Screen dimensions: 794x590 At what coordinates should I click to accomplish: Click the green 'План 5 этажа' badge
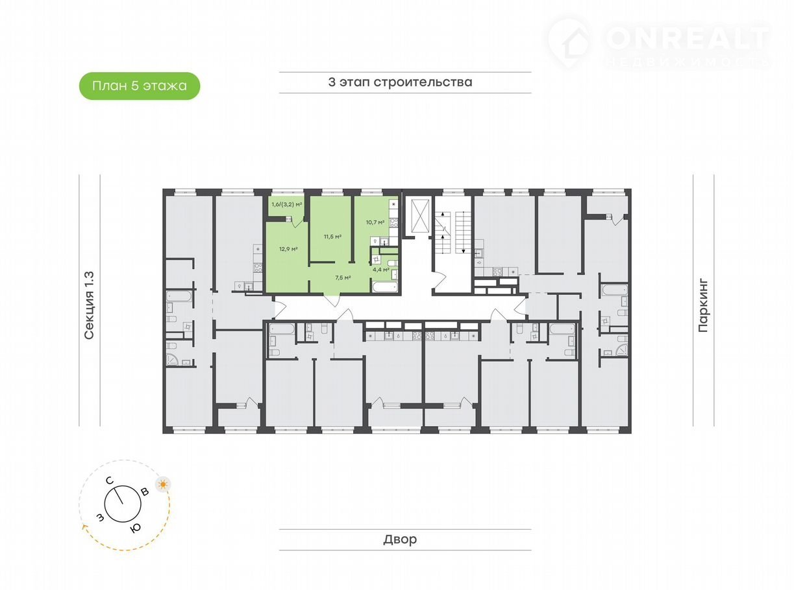click(x=139, y=86)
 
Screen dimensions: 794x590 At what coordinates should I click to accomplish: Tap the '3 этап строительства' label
click(x=400, y=82)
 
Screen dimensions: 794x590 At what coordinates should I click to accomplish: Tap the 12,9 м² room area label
click(x=288, y=249)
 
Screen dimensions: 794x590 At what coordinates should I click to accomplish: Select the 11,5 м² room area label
click(x=332, y=237)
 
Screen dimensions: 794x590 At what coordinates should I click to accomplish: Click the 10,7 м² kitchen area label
click(x=375, y=222)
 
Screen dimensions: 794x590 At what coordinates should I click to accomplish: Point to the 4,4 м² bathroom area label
click(x=381, y=270)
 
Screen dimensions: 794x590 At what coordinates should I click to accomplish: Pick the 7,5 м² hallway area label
click(x=343, y=277)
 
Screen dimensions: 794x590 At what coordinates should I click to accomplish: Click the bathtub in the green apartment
click(x=385, y=287)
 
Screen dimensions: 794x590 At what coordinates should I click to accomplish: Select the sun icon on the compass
click(x=163, y=484)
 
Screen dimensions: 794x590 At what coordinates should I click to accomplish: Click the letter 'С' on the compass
click(x=110, y=480)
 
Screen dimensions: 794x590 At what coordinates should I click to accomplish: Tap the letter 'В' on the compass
click(x=144, y=492)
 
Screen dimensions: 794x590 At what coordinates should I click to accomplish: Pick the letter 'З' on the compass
click(x=101, y=517)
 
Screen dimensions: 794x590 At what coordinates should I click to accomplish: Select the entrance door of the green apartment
click(x=333, y=300)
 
